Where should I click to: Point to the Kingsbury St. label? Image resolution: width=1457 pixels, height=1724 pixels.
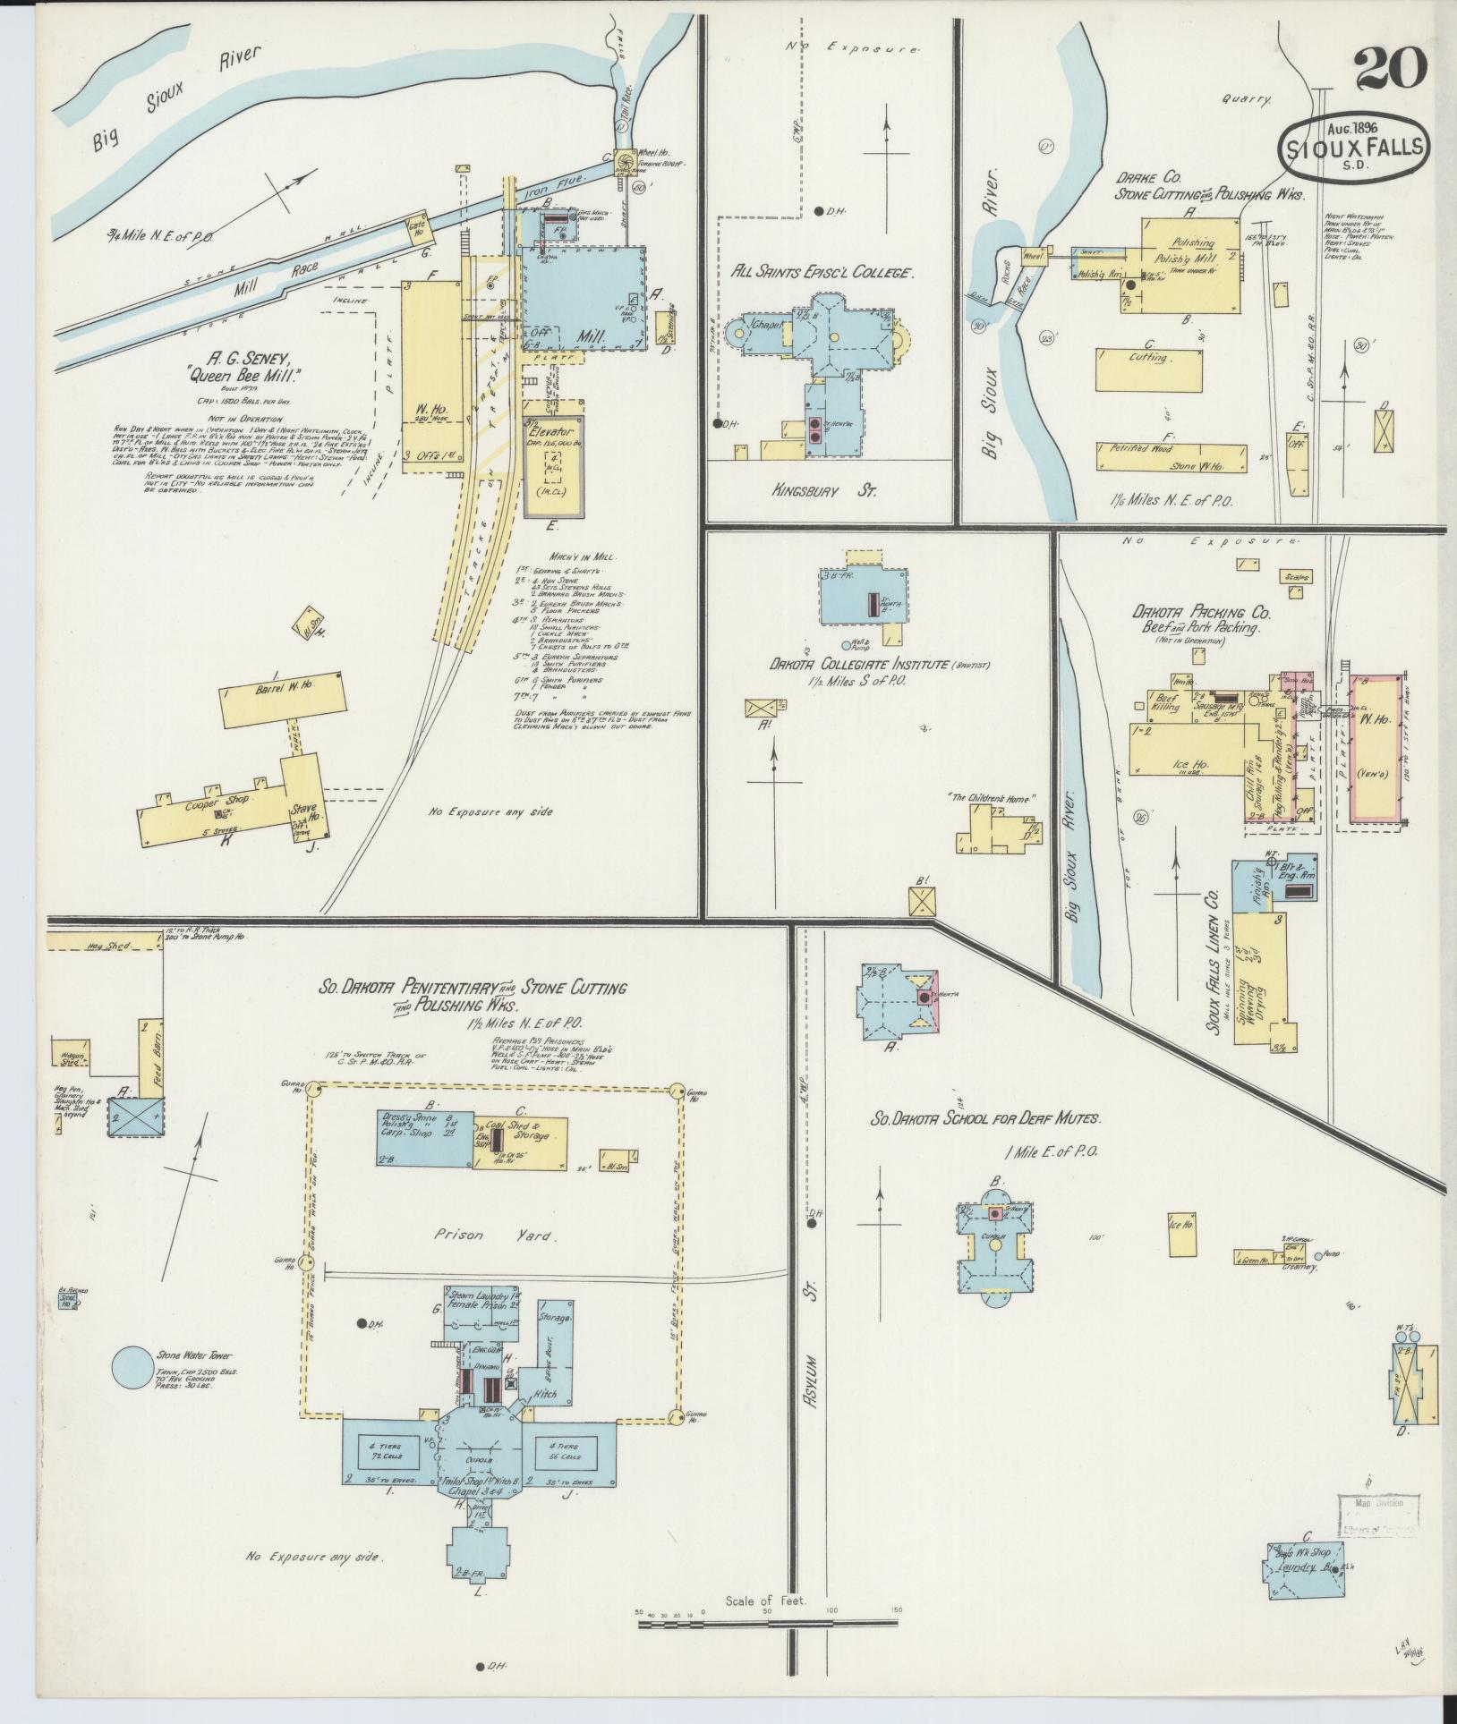click(x=827, y=491)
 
